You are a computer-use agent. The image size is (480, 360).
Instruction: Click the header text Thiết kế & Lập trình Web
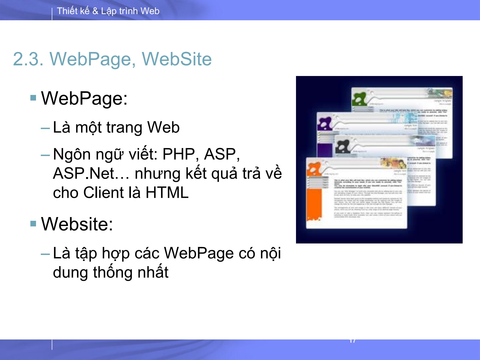click(108, 11)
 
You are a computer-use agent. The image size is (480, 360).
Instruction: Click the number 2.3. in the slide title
click(28, 59)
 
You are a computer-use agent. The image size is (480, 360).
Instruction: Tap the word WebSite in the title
click(177, 59)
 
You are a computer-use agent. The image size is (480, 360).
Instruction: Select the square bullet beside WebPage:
click(33, 98)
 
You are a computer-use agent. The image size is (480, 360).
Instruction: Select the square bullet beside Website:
click(33, 223)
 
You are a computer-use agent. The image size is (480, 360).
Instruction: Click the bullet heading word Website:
click(77, 224)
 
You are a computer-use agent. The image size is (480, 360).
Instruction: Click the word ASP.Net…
click(91, 174)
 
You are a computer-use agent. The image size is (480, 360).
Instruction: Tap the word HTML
click(167, 193)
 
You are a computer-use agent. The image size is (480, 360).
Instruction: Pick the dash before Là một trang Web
click(45, 128)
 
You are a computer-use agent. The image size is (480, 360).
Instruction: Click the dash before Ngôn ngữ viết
click(45, 155)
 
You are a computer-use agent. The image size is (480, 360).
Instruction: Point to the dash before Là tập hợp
click(45, 254)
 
